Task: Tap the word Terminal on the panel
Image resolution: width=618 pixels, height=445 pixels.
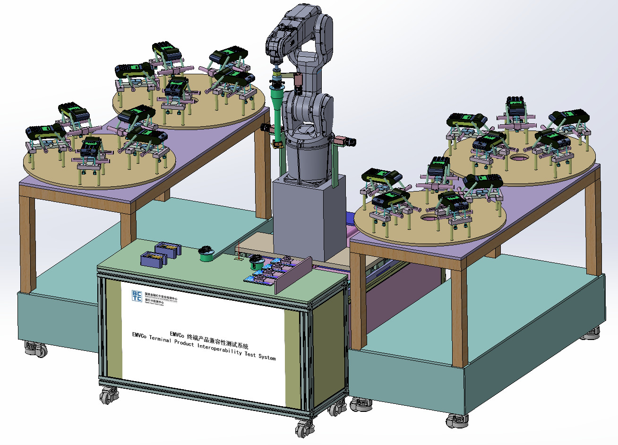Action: [x=160, y=339]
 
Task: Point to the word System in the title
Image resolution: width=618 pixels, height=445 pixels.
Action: [x=267, y=358]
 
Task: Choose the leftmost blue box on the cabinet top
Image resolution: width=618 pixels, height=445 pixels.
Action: [x=152, y=259]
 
